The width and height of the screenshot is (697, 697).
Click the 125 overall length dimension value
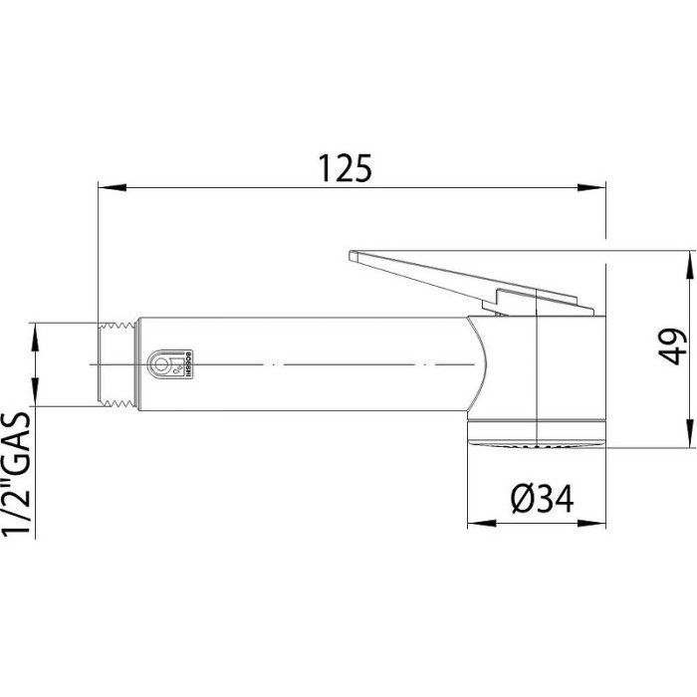pos(346,167)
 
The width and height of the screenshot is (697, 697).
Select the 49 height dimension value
pos(677,348)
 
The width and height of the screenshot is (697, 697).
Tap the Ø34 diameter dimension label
pos(543,500)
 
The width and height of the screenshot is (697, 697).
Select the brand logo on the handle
pos(168,365)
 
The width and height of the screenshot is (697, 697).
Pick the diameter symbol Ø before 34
pos(525,500)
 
